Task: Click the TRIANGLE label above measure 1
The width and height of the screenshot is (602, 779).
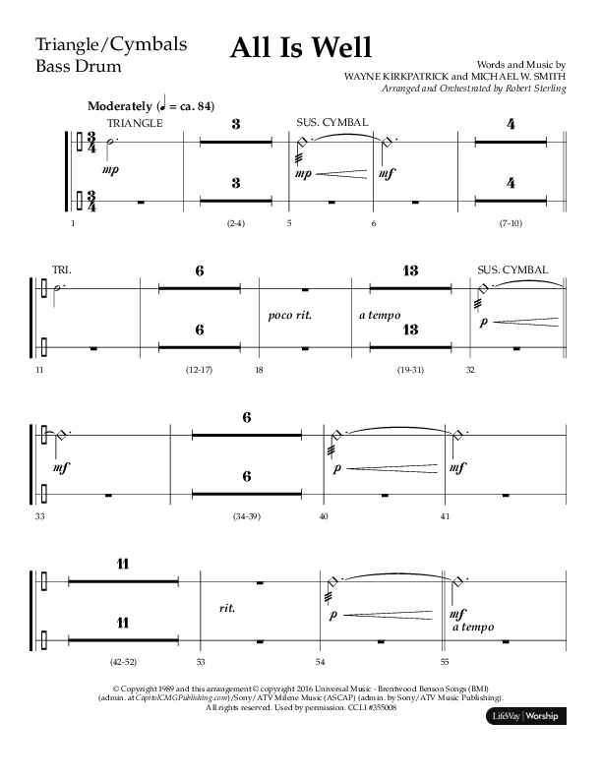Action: click(x=135, y=123)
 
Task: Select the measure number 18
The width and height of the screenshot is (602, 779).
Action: click(x=259, y=369)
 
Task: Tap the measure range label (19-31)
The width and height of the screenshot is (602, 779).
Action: click(x=410, y=369)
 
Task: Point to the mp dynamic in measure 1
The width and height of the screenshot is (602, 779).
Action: click(x=96, y=169)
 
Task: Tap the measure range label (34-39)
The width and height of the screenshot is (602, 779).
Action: click(x=246, y=515)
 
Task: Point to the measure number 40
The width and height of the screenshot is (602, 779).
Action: click(x=324, y=515)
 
